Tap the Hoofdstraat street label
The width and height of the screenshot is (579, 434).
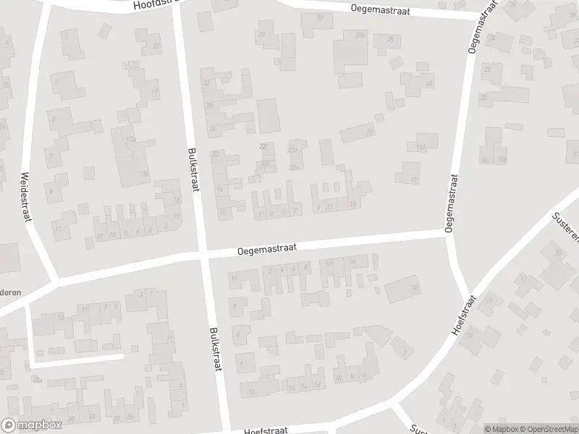[156, 5]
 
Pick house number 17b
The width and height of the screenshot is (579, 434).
[144, 174]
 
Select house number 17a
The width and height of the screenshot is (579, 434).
[131, 139]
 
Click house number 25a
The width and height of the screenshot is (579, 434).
[359, 34]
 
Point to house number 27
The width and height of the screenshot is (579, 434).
[320, 17]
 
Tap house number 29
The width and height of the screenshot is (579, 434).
[261, 34]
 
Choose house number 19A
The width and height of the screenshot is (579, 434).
[420, 147]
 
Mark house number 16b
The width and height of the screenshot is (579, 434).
[501, 159]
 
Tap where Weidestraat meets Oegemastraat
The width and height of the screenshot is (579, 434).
[56, 281]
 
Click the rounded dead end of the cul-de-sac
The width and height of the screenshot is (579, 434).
[120, 356]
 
